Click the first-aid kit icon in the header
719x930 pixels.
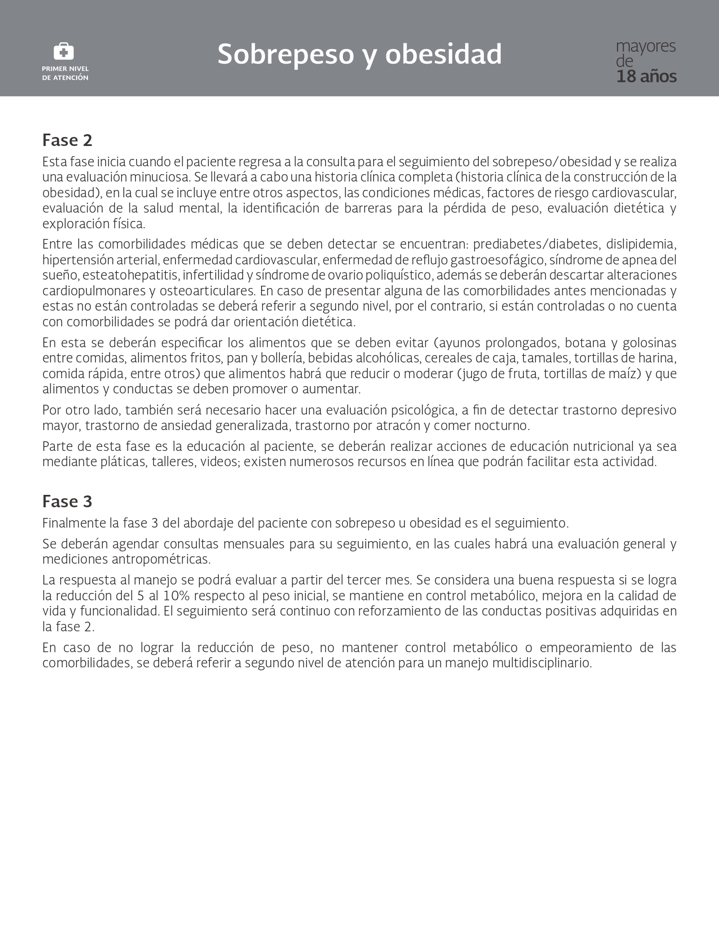click(64, 52)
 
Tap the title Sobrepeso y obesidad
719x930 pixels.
click(359, 55)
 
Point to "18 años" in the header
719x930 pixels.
click(646, 77)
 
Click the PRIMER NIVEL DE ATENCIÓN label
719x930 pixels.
click(65, 73)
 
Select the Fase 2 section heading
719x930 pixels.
click(67, 140)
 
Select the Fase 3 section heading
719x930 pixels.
click(67, 502)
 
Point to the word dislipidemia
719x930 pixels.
click(641, 245)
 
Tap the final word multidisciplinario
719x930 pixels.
click(541, 663)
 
